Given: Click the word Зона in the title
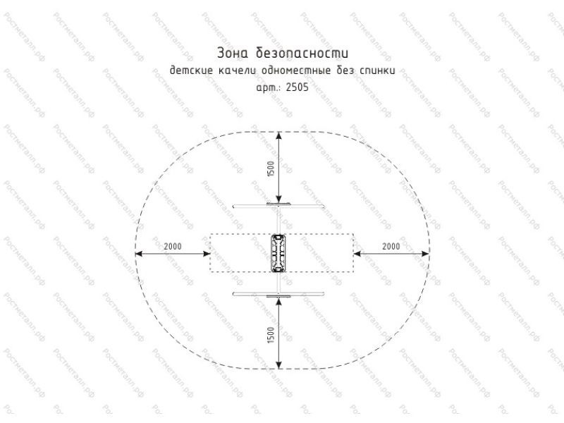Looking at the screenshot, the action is tap(233, 53).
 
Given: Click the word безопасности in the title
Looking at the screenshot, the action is tap(302, 52).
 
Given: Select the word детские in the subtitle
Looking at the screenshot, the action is tap(191, 70).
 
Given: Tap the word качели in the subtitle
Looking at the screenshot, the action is tap(238, 70).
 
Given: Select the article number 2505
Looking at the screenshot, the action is tap(297, 87).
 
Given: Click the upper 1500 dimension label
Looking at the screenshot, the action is tap(271, 168).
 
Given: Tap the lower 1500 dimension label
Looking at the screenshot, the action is tap(271, 335).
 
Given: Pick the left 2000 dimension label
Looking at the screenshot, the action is tap(173, 246).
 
